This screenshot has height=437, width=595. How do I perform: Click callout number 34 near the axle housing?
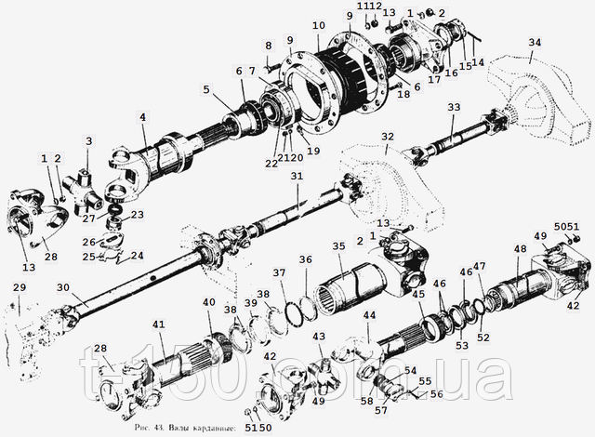click(534, 43)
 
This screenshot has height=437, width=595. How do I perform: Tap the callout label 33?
click(453, 108)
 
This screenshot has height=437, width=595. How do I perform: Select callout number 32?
click(387, 137)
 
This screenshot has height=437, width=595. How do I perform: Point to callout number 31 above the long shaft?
click(296, 177)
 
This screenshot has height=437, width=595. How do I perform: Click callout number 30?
click(63, 287)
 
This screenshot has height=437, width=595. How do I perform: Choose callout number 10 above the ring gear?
click(319, 24)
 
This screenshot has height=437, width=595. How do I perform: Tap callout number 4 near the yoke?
click(143, 117)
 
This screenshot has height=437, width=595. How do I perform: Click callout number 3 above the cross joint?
click(89, 140)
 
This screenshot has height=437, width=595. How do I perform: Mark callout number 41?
click(159, 324)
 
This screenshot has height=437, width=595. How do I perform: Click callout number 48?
click(519, 249)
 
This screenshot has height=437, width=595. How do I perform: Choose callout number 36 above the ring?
click(305, 259)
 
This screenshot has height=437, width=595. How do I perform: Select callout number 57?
click(379, 409)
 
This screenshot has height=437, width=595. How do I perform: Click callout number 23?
click(137, 215)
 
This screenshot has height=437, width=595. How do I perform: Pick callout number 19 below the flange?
click(311, 150)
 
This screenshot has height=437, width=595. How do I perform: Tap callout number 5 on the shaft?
click(206, 90)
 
